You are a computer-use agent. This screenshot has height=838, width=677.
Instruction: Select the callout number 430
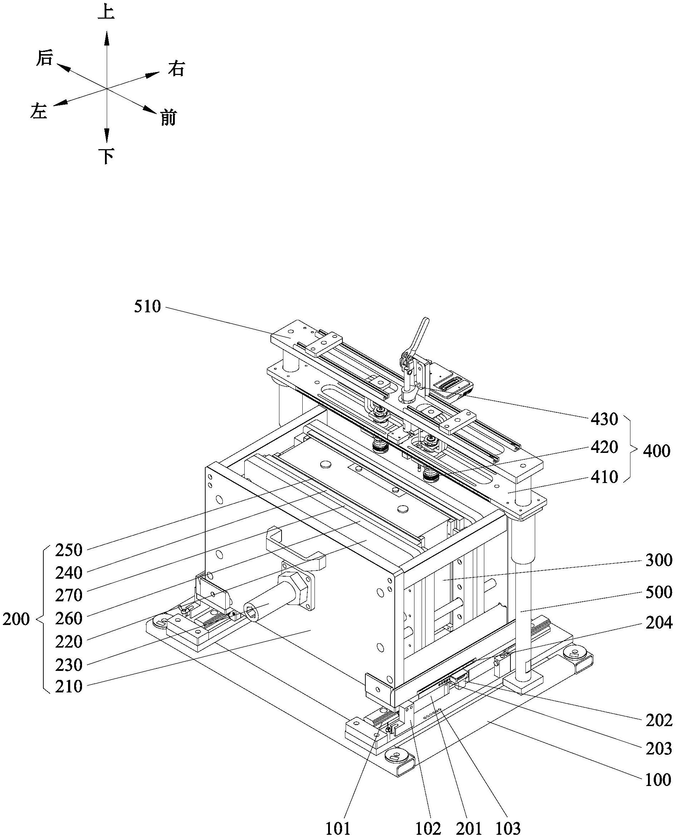[x=604, y=419]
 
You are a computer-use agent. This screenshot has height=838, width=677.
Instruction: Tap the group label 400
[x=656, y=451]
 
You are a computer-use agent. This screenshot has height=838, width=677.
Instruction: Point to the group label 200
[x=16, y=619]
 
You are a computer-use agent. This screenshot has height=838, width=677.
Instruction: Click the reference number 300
[x=659, y=560]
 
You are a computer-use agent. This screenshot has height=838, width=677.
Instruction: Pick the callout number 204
[x=659, y=623]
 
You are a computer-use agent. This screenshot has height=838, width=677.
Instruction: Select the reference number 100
[x=658, y=780]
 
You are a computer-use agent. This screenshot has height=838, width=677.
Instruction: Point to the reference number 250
[x=69, y=550]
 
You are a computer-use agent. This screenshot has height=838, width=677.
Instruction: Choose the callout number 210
[x=69, y=687]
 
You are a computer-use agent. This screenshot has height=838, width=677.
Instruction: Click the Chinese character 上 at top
[x=106, y=12]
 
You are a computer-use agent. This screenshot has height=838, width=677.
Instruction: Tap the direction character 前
[x=168, y=118]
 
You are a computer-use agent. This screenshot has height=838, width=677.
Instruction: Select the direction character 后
[x=44, y=58]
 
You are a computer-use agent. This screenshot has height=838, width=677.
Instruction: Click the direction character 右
[x=176, y=69]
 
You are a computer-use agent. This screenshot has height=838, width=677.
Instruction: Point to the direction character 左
[x=39, y=111]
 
